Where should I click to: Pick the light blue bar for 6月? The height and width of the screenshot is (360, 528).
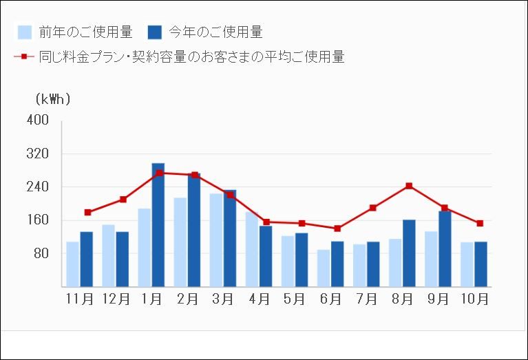324,268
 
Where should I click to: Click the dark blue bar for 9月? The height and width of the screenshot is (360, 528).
445,248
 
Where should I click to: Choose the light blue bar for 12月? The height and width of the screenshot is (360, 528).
109,255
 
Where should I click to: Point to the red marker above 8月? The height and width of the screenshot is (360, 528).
409,186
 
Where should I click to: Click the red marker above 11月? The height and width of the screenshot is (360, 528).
87,212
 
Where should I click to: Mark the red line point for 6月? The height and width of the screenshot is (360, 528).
337,229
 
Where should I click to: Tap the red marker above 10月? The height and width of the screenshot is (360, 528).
481,223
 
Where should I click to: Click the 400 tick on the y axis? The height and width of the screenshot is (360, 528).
38,120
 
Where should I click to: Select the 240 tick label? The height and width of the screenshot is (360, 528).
38,187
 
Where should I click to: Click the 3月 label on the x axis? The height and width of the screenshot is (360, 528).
223,299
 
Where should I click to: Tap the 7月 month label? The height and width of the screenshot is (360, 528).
366,299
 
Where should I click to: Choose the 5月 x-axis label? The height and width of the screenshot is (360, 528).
295,299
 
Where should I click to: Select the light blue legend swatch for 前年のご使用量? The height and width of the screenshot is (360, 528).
25,32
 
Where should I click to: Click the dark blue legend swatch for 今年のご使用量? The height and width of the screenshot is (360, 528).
155,32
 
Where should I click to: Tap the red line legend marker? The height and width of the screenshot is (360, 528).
24,56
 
